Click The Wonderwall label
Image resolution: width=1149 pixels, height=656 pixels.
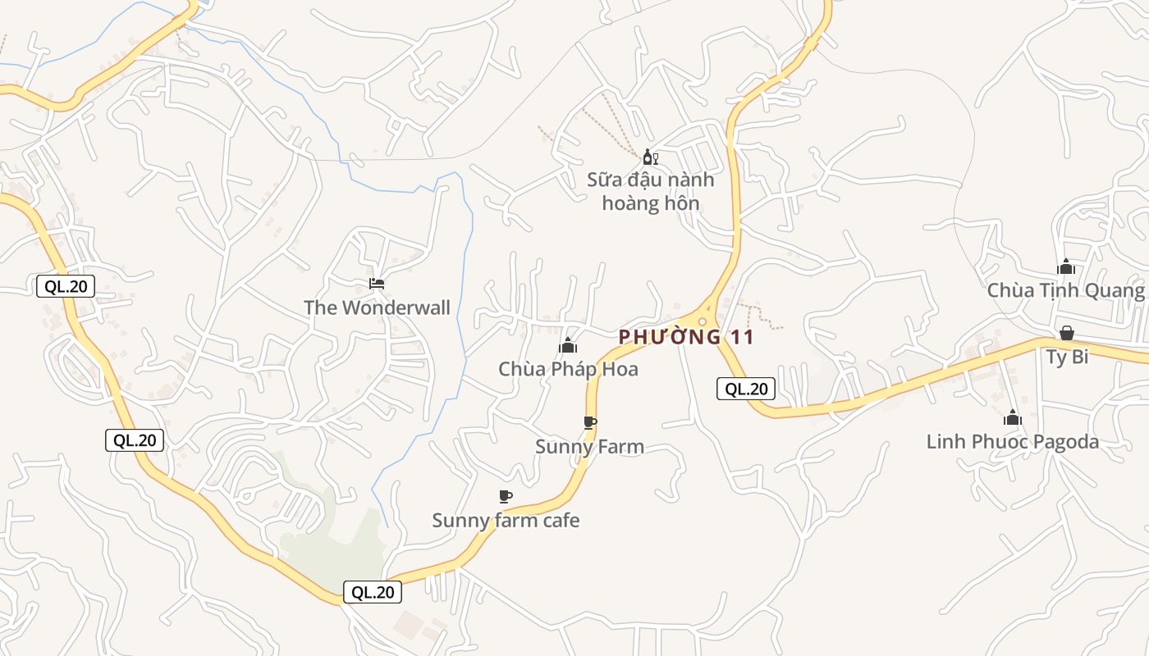[x=377, y=307]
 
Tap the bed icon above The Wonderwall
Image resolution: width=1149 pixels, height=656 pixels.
[x=377, y=284]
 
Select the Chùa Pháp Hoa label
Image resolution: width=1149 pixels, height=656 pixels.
[x=568, y=369]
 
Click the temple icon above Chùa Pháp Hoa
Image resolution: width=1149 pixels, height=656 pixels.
[x=568, y=345]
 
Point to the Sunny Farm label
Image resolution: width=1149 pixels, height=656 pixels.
[x=589, y=447]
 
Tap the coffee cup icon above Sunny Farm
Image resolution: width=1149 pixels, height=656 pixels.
[x=589, y=422]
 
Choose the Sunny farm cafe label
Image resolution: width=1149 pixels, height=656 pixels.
[x=506, y=520]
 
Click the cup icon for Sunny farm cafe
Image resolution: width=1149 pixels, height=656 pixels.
[x=506, y=496]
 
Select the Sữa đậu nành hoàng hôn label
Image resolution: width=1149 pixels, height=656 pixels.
[x=650, y=191]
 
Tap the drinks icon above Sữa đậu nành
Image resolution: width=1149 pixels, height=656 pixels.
[x=650, y=157]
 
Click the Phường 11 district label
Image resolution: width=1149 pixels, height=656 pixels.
[x=685, y=336]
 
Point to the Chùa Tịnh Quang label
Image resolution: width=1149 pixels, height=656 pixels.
[x=1065, y=290]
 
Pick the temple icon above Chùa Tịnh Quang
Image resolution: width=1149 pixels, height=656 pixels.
[x=1066, y=266]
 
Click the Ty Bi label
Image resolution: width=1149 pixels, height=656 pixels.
[x=1067, y=357]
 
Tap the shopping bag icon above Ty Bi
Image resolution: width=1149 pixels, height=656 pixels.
[x=1066, y=333]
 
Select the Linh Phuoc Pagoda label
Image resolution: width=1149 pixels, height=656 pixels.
[x=1012, y=442]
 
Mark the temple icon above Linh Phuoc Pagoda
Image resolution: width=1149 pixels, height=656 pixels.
[x=1013, y=418]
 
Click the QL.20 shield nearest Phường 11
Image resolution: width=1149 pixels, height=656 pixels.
[x=746, y=389]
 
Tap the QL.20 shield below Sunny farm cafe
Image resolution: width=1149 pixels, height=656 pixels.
[x=373, y=592]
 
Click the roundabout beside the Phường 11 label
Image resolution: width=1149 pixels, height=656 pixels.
[x=703, y=321]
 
